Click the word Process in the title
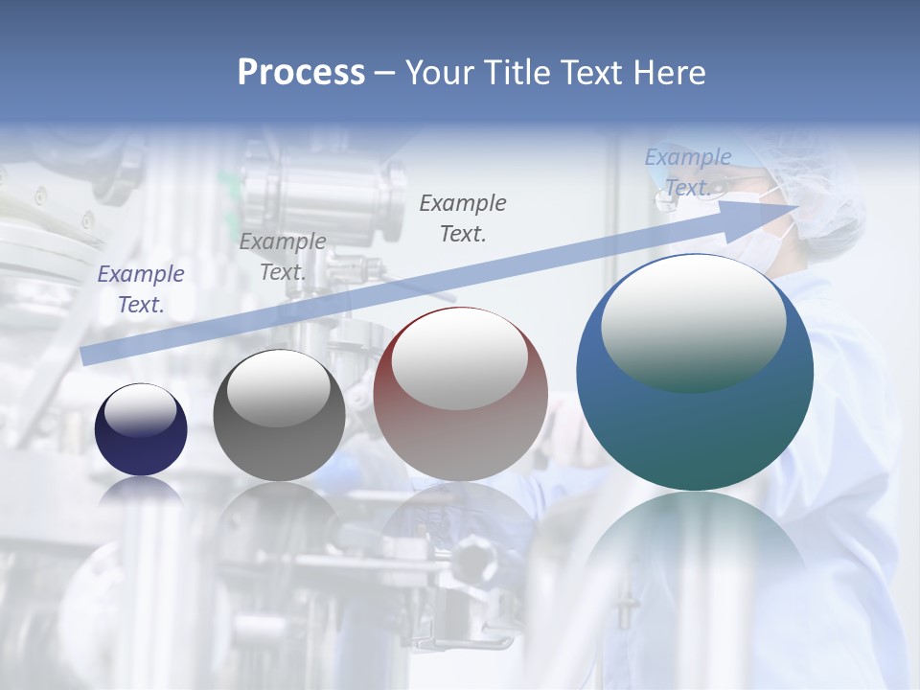tap(301, 73)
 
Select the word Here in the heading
tap(669, 73)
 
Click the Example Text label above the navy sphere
tap(141, 288)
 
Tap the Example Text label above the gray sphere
tap(283, 256)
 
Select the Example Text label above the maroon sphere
tap(463, 218)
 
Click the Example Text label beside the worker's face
tap(688, 172)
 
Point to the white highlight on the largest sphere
tap(693, 321)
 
